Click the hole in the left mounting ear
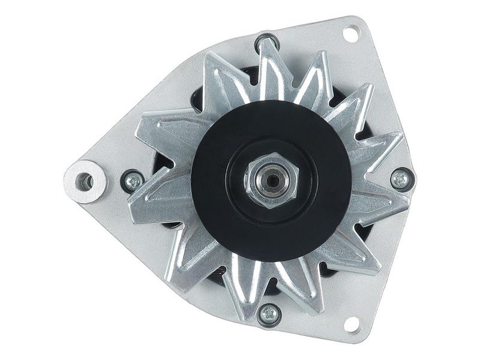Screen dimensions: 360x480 86,181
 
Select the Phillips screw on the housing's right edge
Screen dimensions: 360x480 400,178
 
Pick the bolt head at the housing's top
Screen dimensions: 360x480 266,43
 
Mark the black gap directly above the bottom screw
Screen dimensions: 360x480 269,289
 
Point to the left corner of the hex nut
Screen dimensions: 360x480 245,179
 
